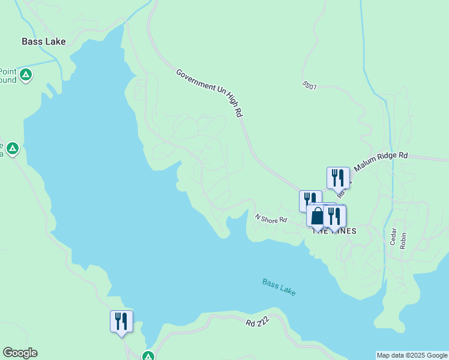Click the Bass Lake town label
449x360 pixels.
click(43, 41)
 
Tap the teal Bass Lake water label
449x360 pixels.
click(279, 286)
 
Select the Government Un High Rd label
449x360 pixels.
click(209, 92)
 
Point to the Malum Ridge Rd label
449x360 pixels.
click(381, 160)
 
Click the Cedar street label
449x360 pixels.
click(394, 237)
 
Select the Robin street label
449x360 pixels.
click(403, 241)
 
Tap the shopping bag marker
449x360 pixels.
click(317, 215)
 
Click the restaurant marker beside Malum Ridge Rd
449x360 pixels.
click(338, 178)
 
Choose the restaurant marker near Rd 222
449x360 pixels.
click(121, 321)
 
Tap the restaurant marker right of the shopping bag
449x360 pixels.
click(334, 216)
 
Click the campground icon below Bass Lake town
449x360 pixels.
click(25, 75)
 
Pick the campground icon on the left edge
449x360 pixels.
click(13, 148)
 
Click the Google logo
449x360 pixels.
click(20, 353)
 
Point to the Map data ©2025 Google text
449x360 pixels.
click(412, 355)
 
